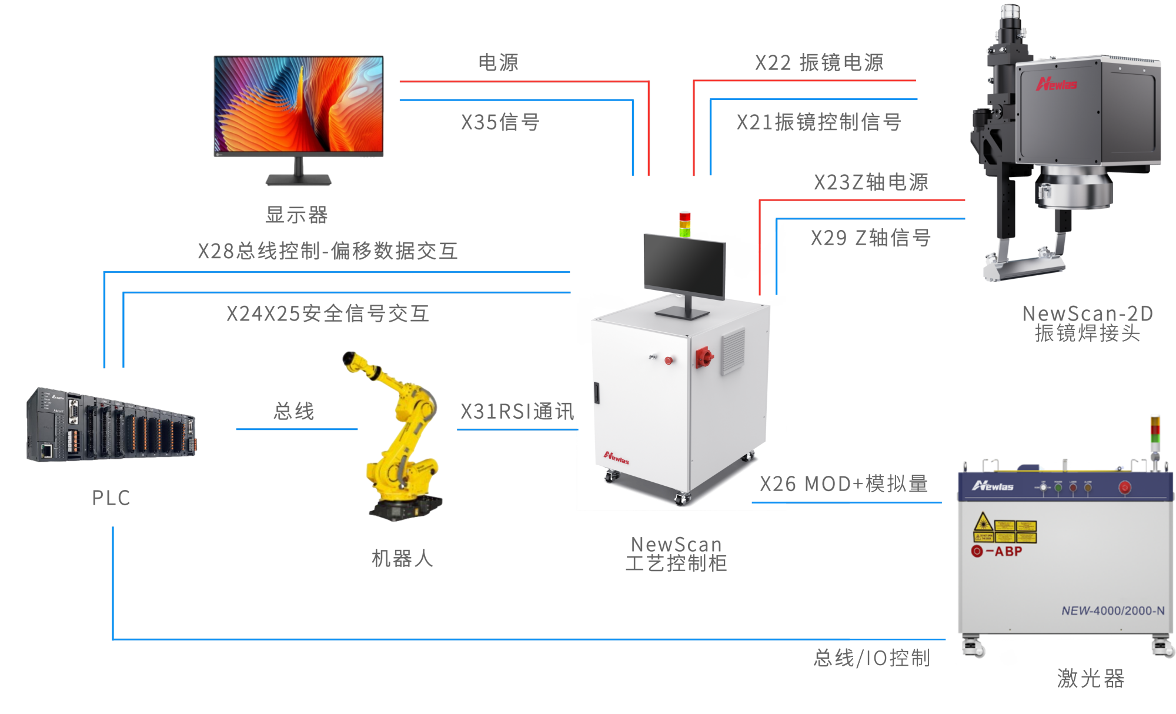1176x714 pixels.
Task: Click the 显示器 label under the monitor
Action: [296, 215]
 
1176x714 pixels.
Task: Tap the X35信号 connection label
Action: [500, 122]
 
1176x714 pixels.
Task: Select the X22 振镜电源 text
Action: [819, 62]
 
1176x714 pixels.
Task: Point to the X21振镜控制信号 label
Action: [818, 122]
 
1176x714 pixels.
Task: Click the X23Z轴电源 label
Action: [871, 182]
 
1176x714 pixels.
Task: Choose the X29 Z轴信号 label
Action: [870, 238]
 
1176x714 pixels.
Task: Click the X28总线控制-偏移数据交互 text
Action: [328, 251]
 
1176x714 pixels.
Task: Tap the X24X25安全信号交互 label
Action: [328, 313]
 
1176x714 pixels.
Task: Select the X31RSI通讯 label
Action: [517, 411]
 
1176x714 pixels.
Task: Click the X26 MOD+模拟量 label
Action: [844, 483]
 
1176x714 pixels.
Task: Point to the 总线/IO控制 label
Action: [872, 658]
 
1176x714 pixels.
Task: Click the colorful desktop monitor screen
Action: [299, 104]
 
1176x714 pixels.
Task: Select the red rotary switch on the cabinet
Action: [704, 356]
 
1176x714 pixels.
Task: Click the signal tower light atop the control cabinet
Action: [685, 223]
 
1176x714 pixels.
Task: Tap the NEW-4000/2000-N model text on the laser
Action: [1112, 610]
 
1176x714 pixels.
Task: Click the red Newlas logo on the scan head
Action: [1057, 84]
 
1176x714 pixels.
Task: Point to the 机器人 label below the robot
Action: [402, 558]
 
